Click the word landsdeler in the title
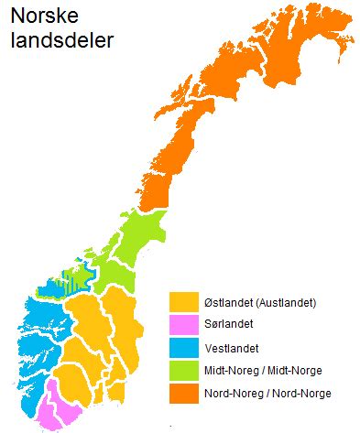(x=61, y=41)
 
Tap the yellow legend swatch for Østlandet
(x=184, y=301)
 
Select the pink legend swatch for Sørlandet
(x=184, y=324)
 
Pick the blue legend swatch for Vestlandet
(x=184, y=347)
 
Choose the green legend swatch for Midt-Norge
(x=184, y=370)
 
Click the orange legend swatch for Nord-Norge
(x=184, y=393)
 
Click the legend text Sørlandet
(x=229, y=324)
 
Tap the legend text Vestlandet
(x=232, y=348)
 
